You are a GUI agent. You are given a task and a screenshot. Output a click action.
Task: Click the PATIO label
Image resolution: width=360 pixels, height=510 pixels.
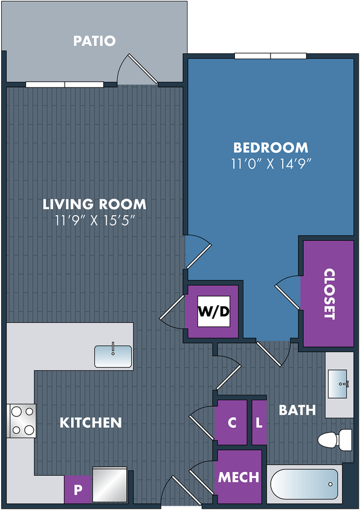tap(94, 41)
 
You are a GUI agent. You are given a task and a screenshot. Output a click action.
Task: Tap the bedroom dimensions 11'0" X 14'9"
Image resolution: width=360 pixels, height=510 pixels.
tap(271, 164)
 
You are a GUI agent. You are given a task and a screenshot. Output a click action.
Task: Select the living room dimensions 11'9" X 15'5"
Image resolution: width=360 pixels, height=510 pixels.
tap(94, 221)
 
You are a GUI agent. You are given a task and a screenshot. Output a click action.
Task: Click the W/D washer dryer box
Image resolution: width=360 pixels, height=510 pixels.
tap(214, 311)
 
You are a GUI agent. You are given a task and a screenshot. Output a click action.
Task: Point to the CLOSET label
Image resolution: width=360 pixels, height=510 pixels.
tap(329, 294)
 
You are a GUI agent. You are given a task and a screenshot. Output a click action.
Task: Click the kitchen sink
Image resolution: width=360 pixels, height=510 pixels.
tap(113, 357)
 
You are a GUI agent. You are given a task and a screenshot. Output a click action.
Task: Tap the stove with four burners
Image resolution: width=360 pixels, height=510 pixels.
tap(22, 421)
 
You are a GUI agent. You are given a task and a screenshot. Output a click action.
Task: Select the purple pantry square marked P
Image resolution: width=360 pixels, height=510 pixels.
tap(78, 489)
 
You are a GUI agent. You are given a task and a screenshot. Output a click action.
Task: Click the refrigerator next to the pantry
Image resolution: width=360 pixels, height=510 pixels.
tap(109, 485)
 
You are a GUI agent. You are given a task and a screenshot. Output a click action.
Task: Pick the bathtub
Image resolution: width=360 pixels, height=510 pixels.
tap(304, 484)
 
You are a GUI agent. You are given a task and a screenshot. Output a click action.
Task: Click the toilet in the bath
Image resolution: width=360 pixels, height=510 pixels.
tap(335, 440)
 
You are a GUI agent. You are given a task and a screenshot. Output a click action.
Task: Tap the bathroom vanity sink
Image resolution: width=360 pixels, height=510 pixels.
tap(338, 384)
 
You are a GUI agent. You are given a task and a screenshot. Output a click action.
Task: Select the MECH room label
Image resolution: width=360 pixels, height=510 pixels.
tap(239, 477)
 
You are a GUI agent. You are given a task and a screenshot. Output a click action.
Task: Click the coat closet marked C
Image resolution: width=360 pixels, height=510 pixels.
tap(232, 422)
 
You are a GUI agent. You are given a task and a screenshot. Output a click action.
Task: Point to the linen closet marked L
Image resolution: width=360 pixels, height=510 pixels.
tap(259, 422)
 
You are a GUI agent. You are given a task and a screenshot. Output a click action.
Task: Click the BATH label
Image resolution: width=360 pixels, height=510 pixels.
tap(297, 410)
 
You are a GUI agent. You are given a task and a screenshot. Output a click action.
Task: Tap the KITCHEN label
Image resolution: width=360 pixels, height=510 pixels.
tap(91, 422)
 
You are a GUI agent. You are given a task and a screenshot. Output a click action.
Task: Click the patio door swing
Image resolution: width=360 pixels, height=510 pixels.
tap(137, 69)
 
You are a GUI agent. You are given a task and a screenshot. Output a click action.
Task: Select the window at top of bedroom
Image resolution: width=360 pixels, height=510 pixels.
tap(271, 56)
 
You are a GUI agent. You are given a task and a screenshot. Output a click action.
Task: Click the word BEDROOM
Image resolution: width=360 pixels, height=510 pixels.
tap(271, 147)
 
